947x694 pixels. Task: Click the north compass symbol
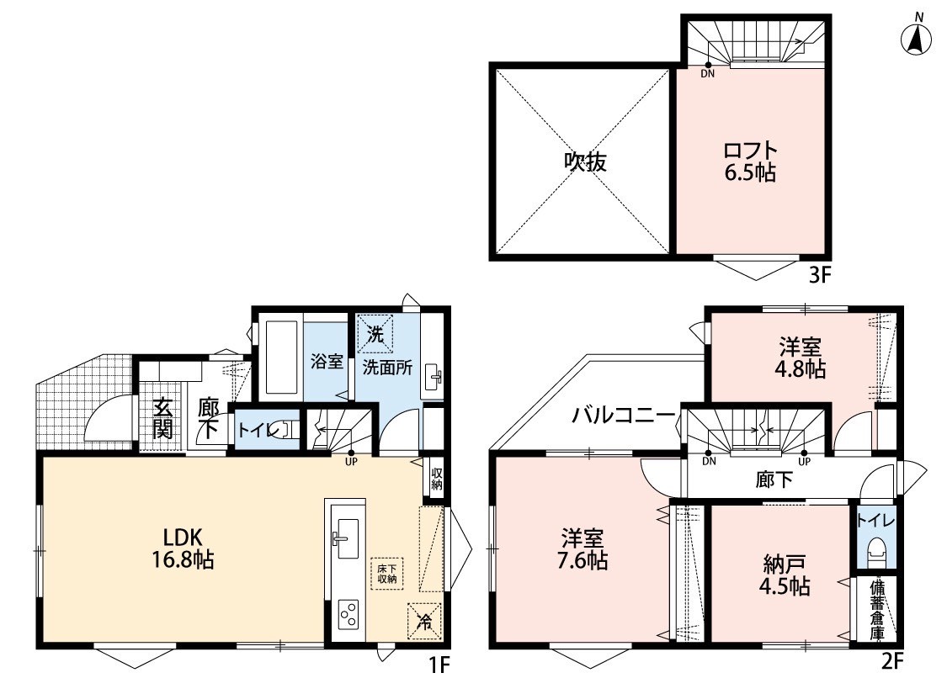click(x=916, y=37)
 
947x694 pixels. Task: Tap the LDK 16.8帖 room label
click(x=182, y=548)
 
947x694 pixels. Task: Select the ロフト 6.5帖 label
click(x=749, y=162)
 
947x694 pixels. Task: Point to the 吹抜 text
click(x=585, y=162)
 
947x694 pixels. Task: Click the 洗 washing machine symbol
click(x=375, y=334)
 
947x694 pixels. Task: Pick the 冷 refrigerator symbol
click(x=425, y=621)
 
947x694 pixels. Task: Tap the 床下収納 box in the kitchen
click(x=386, y=574)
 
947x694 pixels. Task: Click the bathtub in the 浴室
click(x=281, y=358)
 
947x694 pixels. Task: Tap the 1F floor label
click(x=439, y=665)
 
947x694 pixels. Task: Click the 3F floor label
click(x=821, y=276)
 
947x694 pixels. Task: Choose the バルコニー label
click(x=624, y=416)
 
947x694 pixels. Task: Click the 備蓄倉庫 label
click(x=876, y=610)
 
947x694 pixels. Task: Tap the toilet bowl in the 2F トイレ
click(x=875, y=552)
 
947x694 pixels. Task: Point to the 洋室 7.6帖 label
click(x=582, y=549)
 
